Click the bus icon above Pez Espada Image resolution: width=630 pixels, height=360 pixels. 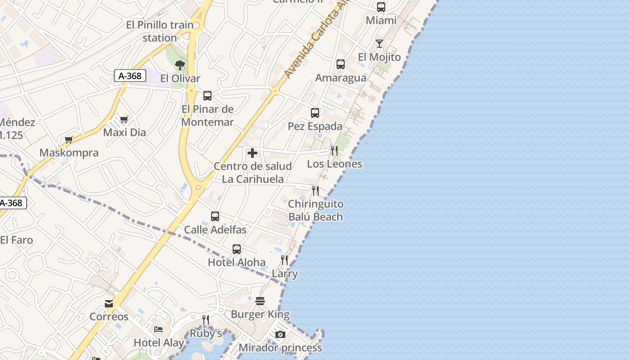coord(315,113)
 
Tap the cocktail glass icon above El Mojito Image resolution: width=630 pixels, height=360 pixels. coord(379,44)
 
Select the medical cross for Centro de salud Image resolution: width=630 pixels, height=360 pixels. coord(252,153)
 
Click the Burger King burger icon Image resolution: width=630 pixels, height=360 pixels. coord(260,301)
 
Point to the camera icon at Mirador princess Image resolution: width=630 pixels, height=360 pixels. coord(280,334)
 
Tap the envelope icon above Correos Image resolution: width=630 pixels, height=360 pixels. coord(109,304)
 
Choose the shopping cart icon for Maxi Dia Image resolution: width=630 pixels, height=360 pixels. coord(124,120)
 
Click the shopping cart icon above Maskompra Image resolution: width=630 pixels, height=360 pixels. coord(69,140)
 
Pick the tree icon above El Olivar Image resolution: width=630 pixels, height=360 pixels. coord(180,65)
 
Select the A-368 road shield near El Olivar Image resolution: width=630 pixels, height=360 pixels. coord(130,76)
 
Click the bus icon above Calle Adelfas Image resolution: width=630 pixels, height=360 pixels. coord(215,216)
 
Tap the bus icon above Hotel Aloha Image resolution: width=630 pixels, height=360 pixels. coord(237,249)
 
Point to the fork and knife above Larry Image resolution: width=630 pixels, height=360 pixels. coord(284,260)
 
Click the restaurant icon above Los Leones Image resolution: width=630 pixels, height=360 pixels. coord(334,151)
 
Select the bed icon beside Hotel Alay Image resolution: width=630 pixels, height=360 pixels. coord(158,329)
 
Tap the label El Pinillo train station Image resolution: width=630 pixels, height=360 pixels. coord(160,31)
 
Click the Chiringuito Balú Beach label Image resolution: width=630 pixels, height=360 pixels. coord(315,210)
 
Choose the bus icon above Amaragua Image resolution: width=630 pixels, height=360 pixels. coord(341,64)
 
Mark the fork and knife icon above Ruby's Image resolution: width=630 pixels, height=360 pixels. coord(206,320)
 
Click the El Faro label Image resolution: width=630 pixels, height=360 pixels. coord(17,240)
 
